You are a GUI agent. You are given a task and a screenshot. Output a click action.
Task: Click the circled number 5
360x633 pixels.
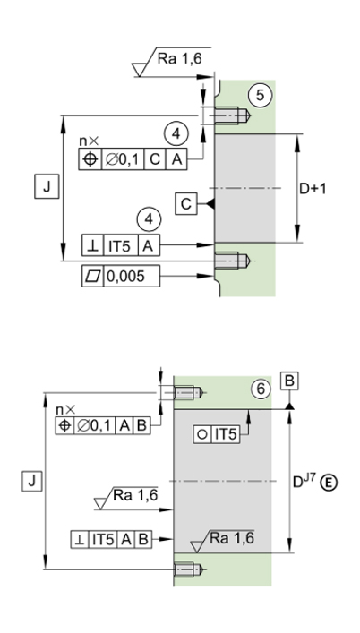[260, 95]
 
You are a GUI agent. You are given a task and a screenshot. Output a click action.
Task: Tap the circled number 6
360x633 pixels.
[261, 389]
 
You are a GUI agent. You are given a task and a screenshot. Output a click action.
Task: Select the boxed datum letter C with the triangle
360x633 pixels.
[186, 204]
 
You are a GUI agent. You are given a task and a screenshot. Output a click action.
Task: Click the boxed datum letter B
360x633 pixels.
[289, 381]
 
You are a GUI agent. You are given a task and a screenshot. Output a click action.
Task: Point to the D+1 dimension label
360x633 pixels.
[313, 189]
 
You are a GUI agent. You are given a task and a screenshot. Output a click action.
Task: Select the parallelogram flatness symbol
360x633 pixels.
[93, 276]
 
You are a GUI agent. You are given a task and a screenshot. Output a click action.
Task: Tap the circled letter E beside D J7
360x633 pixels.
[330, 483]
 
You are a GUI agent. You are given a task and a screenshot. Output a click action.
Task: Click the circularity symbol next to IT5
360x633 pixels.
[203, 435]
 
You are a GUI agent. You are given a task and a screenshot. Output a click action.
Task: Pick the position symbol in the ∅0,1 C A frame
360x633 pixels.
[90, 159]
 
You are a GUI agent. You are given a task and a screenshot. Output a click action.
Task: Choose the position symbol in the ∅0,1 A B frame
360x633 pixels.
[64, 426]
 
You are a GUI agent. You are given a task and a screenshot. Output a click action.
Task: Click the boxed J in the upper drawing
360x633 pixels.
[47, 187]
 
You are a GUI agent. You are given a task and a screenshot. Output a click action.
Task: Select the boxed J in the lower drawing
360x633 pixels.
[32, 481]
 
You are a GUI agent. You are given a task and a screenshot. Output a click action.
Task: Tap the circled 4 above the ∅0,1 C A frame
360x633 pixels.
[176, 134]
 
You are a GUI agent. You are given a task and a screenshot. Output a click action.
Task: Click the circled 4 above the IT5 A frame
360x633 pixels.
[149, 219]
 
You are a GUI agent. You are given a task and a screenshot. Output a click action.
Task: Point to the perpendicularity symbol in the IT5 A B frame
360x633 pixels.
[80, 540]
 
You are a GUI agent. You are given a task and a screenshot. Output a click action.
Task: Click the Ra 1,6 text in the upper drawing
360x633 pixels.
[179, 59]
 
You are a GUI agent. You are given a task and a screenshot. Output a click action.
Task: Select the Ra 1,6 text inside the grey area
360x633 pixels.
[232, 538]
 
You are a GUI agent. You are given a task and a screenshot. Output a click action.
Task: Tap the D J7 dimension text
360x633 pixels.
[304, 481]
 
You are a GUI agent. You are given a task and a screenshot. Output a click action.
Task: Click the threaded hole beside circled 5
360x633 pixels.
[233, 115]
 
